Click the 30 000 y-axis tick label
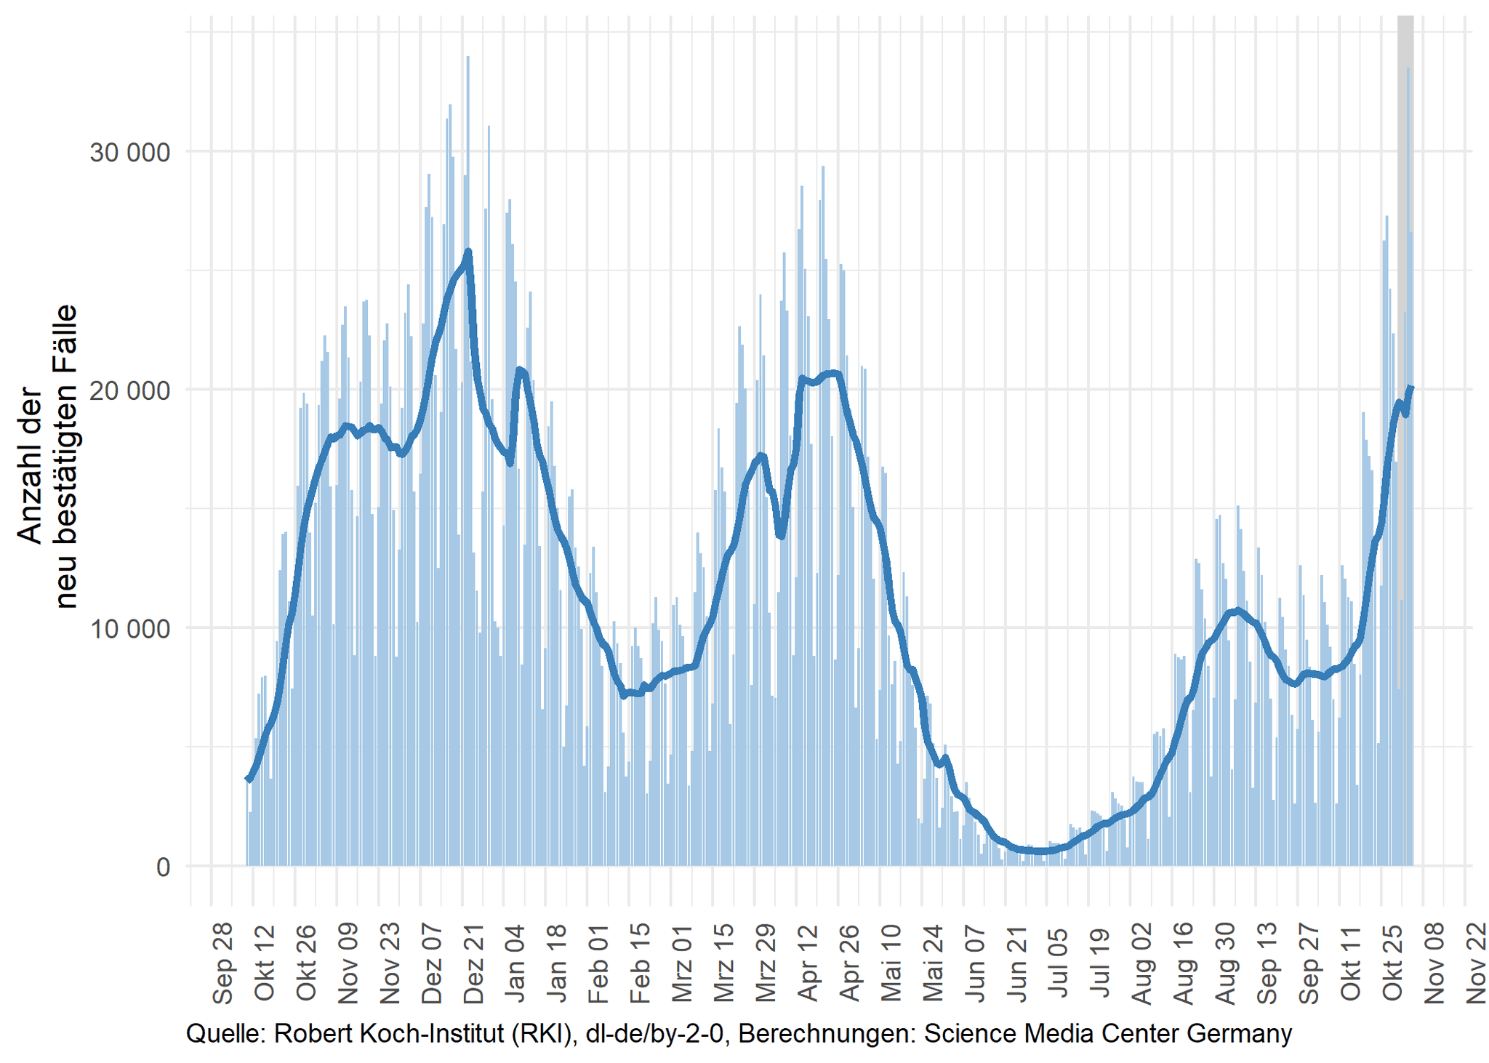pyautogui.click(x=129, y=153)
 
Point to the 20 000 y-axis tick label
pyautogui.click(x=129, y=390)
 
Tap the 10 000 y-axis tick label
pyautogui.click(x=129, y=628)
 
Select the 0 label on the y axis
pyautogui.click(x=162, y=867)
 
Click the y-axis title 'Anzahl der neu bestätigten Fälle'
pyautogui.click(x=47, y=456)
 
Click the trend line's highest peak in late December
pyautogui.click(x=468, y=252)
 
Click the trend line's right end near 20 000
pyautogui.click(x=1410, y=388)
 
